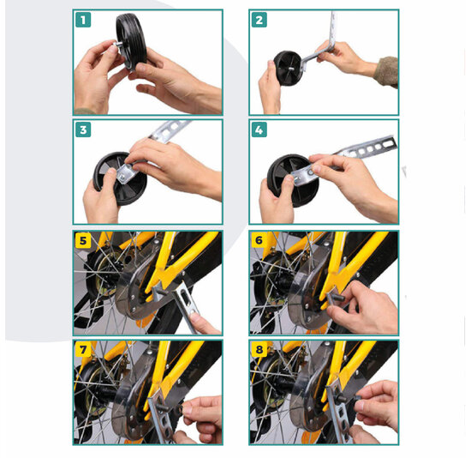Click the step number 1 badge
(x=83, y=20)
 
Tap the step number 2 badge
(x=259, y=20)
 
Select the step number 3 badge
(x=83, y=130)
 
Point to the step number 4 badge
(x=259, y=130)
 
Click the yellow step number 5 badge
(x=83, y=240)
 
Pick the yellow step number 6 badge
(x=259, y=240)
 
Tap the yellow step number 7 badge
(x=83, y=349)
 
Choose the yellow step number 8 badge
(x=259, y=349)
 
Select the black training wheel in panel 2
(x=287, y=69)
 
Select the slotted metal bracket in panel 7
(x=160, y=419)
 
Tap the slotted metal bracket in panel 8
(x=338, y=413)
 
